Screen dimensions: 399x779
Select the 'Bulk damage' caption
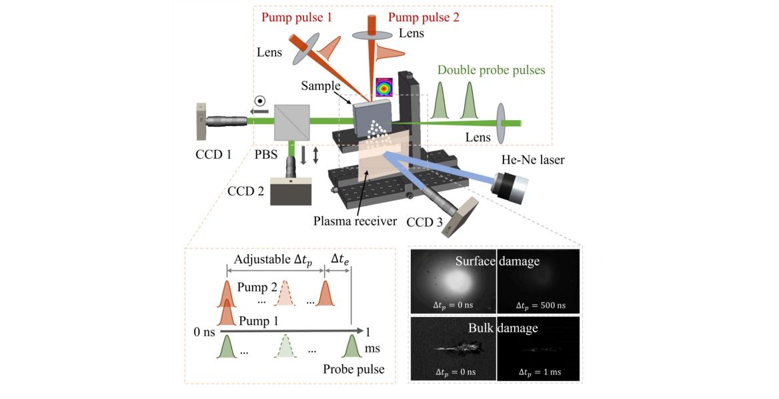(x=497, y=328)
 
